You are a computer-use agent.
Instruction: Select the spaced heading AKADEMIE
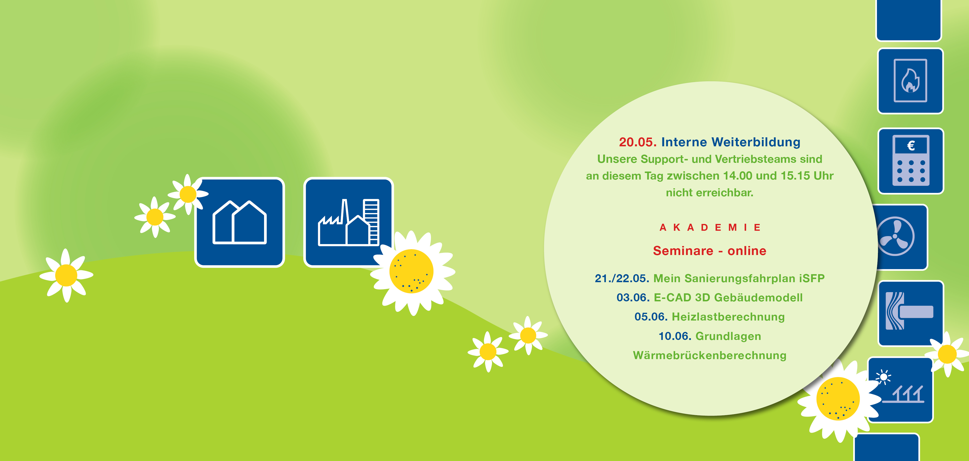tap(710, 228)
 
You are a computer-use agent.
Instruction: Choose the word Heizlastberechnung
tap(728, 317)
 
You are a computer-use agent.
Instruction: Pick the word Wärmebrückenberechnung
tap(710, 355)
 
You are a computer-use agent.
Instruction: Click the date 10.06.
tap(675, 336)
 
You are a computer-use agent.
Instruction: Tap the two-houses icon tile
tap(240, 222)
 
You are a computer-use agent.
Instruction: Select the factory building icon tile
tap(348, 222)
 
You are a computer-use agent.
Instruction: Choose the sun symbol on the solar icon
tap(884, 377)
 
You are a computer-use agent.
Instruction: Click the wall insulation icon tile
tap(911, 313)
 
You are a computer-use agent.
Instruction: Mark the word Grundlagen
tap(728, 336)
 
